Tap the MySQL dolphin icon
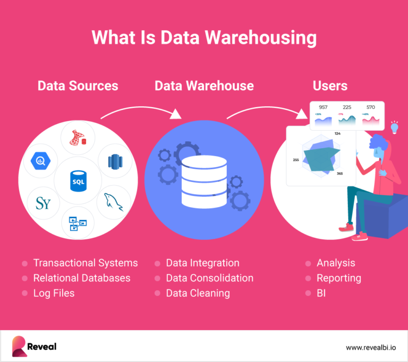tap(114, 201)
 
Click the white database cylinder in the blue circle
tap(204, 180)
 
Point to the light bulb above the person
tap(394, 127)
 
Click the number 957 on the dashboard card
tap(323, 107)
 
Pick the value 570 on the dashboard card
tap(371, 107)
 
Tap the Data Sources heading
tap(78, 85)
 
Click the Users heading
tap(330, 85)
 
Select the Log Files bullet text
tap(54, 293)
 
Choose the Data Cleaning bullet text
tap(198, 293)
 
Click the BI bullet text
tap(321, 293)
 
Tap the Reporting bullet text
tap(338, 278)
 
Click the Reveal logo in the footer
tap(34, 347)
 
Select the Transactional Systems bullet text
tap(85, 263)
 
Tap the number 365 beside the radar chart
tap(339, 174)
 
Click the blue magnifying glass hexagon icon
tap(40, 160)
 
